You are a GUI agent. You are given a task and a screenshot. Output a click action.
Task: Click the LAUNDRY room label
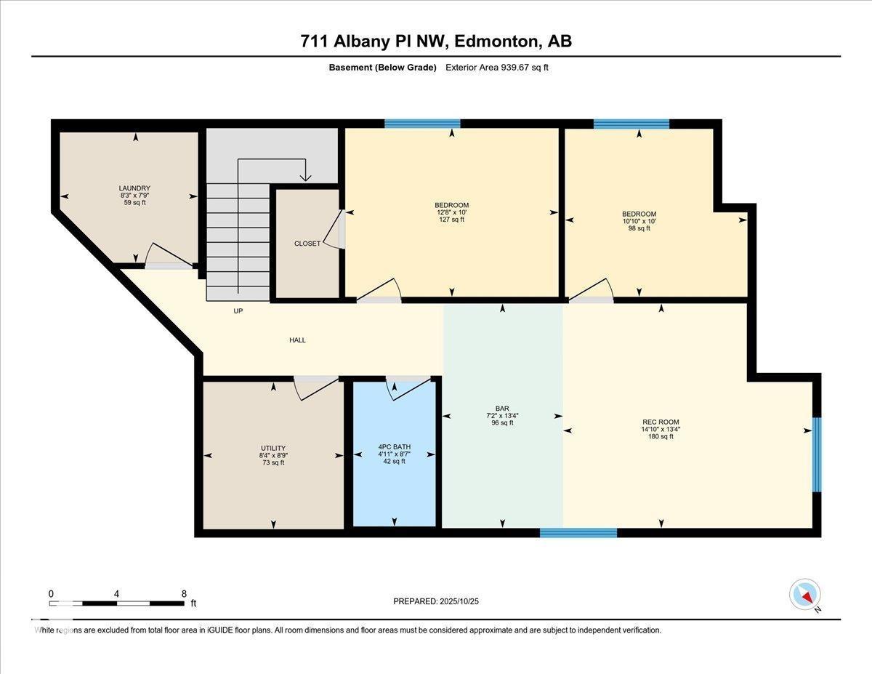point(134,188)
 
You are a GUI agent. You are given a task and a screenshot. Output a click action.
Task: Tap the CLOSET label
point(307,244)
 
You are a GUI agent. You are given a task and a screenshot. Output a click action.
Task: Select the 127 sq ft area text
point(452,220)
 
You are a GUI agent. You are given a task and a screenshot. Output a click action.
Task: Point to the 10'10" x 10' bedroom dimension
point(639,221)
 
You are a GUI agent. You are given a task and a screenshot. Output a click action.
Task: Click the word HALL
point(297,340)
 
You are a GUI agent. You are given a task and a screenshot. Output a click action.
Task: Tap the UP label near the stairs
point(238,310)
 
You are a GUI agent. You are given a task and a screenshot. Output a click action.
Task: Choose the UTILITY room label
point(273,448)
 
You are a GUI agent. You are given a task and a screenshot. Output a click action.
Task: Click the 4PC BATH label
point(395,447)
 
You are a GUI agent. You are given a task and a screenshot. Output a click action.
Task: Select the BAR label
point(502,409)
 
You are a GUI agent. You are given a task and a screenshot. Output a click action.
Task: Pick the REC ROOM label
point(661,422)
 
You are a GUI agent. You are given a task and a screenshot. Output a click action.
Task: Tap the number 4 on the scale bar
point(116,594)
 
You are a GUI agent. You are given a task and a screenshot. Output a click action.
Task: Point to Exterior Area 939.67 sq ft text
point(497,68)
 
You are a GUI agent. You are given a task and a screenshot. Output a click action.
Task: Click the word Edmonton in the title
point(496,41)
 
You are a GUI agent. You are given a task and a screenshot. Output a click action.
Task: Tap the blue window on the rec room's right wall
point(817,454)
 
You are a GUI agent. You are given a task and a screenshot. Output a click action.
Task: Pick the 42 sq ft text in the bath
point(395,462)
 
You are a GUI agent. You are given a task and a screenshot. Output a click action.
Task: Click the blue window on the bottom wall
point(578,533)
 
